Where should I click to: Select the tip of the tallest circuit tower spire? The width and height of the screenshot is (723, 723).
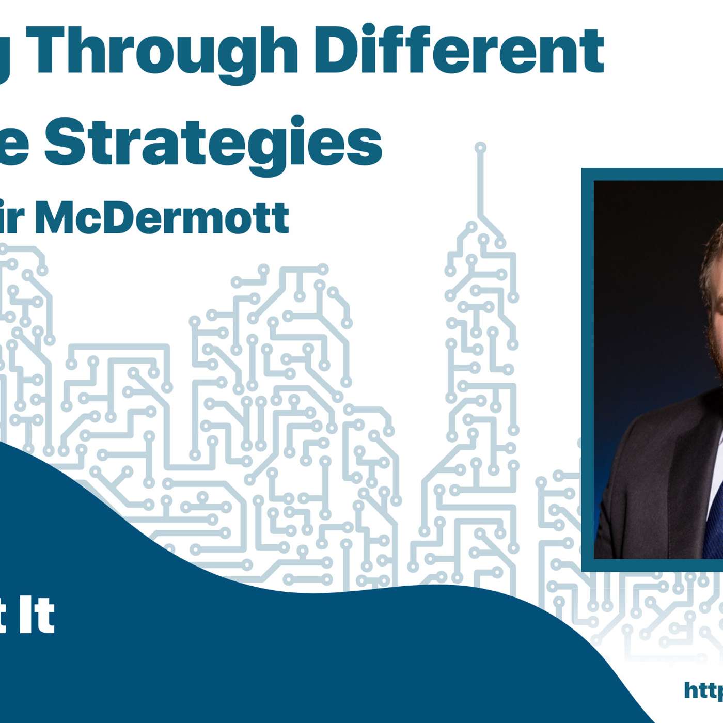point(480,148)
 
